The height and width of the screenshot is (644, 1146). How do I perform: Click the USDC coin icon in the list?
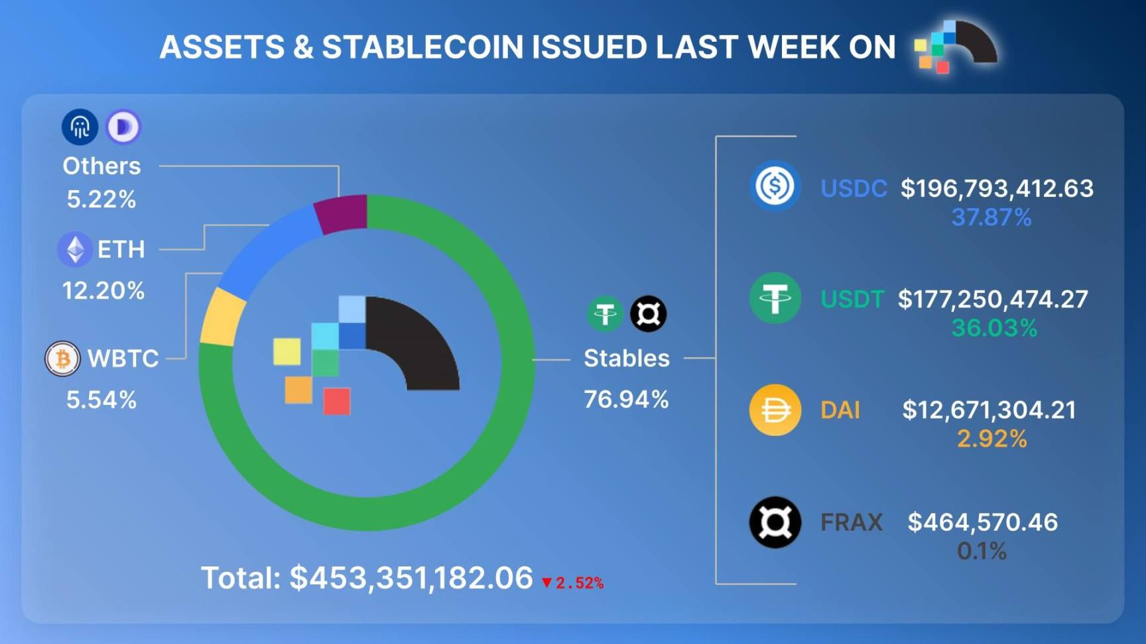point(775,186)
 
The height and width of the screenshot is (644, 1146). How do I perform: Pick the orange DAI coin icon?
point(775,410)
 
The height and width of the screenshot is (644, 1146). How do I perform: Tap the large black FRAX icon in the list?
point(775,522)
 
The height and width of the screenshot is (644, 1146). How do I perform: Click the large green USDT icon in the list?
point(775,298)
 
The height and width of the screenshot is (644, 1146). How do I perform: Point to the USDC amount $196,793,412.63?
point(996,189)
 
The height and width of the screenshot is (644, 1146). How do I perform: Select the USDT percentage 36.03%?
point(993,328)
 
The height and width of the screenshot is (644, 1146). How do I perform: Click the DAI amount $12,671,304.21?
point(989,410)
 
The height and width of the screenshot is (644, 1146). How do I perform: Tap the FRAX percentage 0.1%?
point(982,551)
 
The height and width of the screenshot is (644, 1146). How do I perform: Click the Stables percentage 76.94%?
point(626,400)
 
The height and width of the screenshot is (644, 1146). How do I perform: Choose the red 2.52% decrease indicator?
point(573,583)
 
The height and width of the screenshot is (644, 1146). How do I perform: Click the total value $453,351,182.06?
point(411,578)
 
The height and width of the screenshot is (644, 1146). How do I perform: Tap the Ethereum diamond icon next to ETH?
point(75,250)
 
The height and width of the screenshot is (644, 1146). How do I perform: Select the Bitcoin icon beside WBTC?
point(62,359)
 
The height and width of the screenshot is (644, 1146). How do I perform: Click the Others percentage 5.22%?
point(101,199)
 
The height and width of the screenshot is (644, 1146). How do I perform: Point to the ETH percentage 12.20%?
point(103,290)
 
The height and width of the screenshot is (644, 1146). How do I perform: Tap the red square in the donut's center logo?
point(337,402)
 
